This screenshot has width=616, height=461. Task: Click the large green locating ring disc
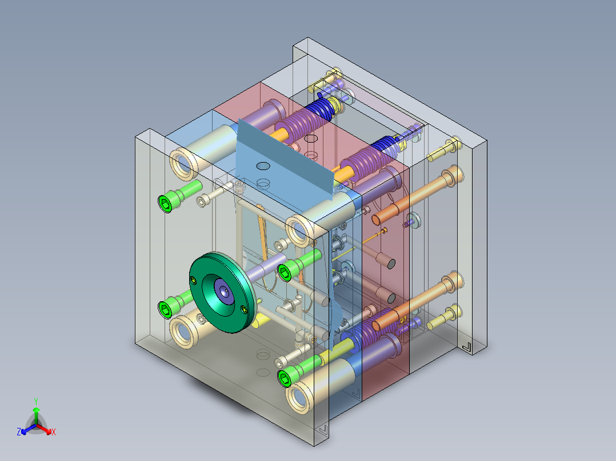[x=222, y=292]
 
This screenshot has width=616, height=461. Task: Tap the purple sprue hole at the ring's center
[x=224, y=291]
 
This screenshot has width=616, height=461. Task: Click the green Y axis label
[x=36, y=401]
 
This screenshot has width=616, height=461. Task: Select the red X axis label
[x=54, y=432]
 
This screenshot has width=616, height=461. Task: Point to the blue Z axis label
[x=19, y=431]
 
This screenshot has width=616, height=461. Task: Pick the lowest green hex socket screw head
[x=285, y=378]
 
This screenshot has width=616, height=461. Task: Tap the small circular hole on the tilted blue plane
[x=263, y=166]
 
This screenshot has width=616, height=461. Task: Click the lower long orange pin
[x=418, y=301]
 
